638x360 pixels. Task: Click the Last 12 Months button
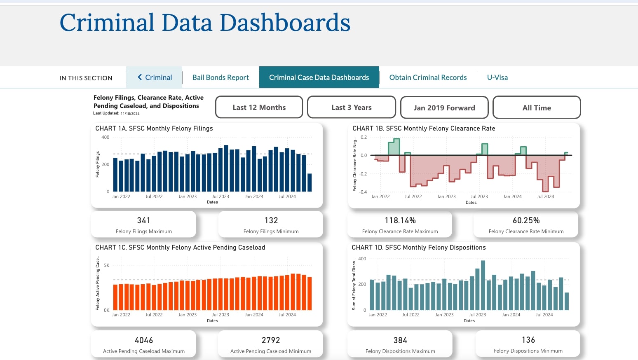tap(259, 108)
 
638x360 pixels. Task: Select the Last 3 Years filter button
tap(352, 108)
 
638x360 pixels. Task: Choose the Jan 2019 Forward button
tap(444, 108)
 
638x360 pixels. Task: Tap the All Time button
tap(537, 108)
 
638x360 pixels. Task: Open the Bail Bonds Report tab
tap(220, 77)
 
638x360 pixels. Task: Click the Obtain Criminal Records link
tap(428, 77)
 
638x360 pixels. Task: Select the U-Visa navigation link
tap(497, 77)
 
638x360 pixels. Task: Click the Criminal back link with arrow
tap(155, 77)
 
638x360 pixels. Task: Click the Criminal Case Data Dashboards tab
tap(319, 77)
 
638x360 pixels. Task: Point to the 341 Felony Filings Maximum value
tap(144, 220)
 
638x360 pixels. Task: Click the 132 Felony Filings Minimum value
tap(271, 220)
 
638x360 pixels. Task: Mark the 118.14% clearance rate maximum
tap(400, 220)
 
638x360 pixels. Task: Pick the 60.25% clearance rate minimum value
tap(526, 220)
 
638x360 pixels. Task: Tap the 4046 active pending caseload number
tap(144, 340)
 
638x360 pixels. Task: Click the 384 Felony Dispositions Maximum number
tap(400, 340)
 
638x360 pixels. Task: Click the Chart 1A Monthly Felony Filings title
tap(154, 129)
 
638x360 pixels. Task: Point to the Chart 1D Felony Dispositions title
tap(418, 248)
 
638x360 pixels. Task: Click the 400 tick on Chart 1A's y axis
tap(106, 138)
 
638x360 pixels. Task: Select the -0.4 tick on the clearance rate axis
tap(363, 192)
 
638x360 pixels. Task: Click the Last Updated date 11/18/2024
tap(130, 114)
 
